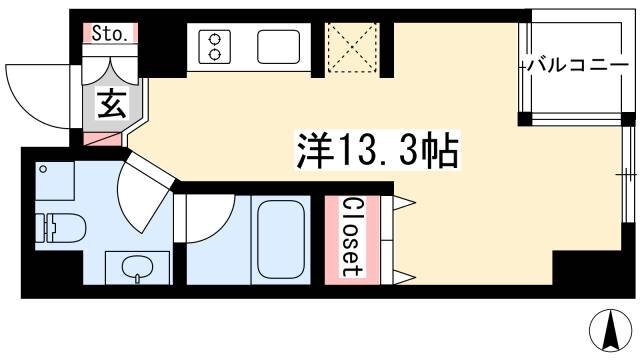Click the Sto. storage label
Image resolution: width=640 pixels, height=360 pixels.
click(109, 34)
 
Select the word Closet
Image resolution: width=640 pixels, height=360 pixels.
click(350, 236)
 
